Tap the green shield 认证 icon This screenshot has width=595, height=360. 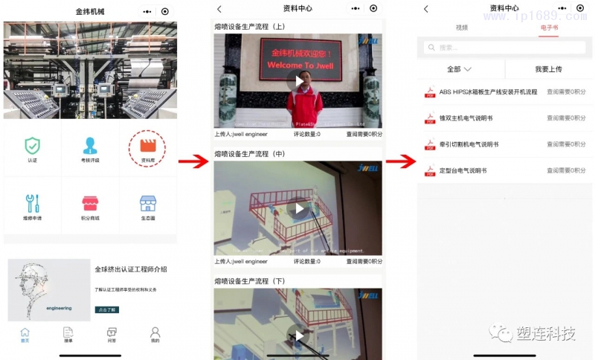[33, 146]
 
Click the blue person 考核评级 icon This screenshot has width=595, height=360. [90, 146]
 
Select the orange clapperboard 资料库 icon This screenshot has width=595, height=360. [147, 146]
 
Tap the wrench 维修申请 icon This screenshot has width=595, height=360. [33, 203]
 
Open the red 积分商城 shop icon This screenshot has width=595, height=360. [90, 203]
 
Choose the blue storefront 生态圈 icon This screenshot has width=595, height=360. [147, 203]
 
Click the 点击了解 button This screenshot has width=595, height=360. [107, 309]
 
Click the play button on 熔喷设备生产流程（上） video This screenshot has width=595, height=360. [298, 81]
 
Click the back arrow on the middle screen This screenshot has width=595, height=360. [219, 9]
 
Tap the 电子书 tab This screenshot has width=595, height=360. [548, 28]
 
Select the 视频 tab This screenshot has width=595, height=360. [462, 28]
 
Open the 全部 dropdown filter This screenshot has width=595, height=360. [460, 69]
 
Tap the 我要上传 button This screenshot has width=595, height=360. [548, 69]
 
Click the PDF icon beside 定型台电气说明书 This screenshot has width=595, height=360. [430, 170]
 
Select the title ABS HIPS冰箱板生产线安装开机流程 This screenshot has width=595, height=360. [488, 92]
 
